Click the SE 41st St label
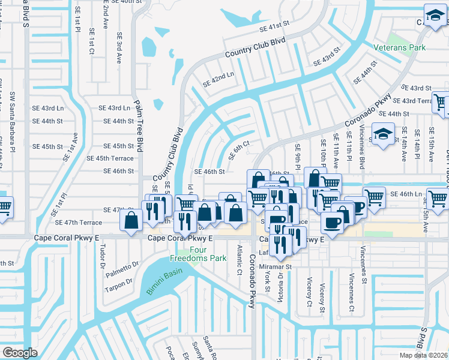274,28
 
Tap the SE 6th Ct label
239,151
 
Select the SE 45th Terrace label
110,158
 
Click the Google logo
20,353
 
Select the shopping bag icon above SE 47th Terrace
131,220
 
